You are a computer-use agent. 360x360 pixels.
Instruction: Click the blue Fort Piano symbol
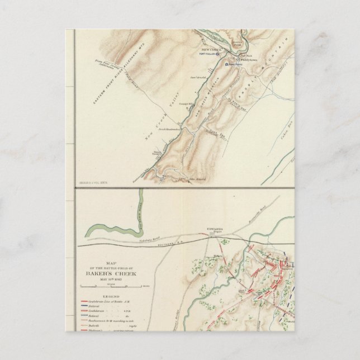(x=228, y=65)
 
